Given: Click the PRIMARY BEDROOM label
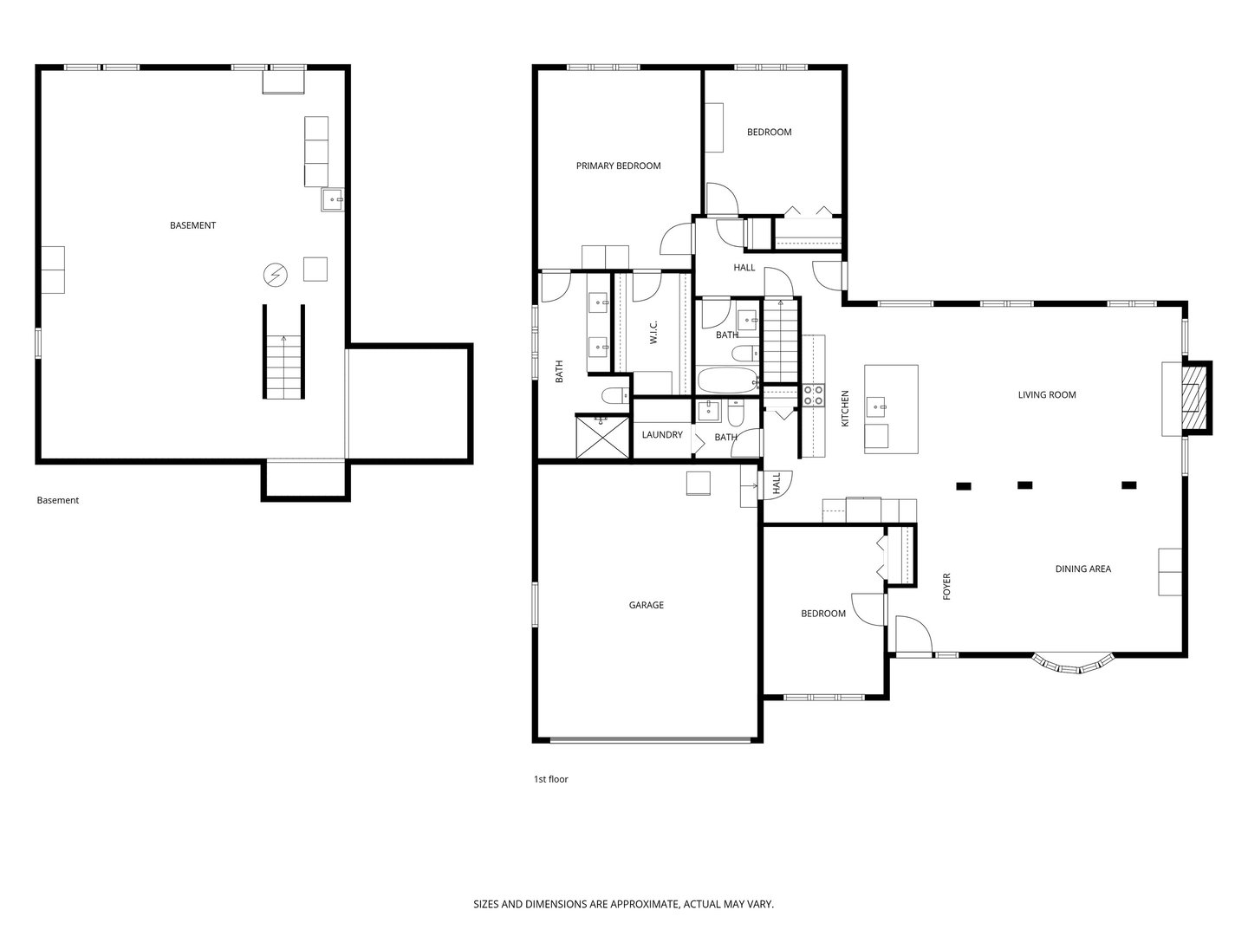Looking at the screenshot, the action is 618,166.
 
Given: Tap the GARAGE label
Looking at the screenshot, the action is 646,605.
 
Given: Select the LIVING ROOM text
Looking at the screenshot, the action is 1047,395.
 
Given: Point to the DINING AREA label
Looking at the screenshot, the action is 1082,569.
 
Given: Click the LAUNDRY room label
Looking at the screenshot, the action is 662,435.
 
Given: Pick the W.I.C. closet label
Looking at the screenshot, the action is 653,333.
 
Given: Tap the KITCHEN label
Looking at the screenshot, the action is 845,408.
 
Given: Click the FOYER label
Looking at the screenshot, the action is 946,587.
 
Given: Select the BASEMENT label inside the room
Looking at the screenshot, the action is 192,225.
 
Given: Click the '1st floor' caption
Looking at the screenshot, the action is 550,779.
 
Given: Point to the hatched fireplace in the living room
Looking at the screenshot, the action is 1193,398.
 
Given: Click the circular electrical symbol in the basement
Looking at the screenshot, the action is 276,276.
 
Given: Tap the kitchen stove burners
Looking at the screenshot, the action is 814,395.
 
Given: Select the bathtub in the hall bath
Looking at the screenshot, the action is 728,380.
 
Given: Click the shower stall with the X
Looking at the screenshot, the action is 602,437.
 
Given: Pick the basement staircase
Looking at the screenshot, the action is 283,353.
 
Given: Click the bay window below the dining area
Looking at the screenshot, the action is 1072,663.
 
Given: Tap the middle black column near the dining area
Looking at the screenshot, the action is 1024,485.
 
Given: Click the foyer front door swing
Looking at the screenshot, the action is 913,633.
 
